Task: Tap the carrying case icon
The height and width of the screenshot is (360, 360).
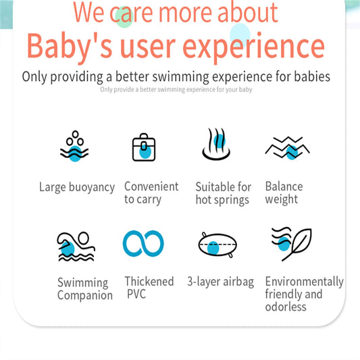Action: pyautogui.click(x=144, y=147)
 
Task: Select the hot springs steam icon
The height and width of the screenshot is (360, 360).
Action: pyautogui.click(x=216, y=144)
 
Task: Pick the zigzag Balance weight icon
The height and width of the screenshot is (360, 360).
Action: pyautogui.click(x=288, y=148)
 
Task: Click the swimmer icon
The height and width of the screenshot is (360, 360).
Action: pyautogui.click(x=76, y=247)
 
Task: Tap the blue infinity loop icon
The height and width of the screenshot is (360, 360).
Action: pyautogui.click(x=143, y=244)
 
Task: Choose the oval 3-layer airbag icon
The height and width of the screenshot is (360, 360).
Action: pyautogui.click(x=217, y=245)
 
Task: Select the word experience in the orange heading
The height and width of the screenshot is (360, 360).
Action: pyautogui.click(x=253, y=47)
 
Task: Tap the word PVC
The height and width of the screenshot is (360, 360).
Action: pyautogui.click(x=136, y=294)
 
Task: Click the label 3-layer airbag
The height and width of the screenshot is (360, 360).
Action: pyautogui.click(x=221, y=282)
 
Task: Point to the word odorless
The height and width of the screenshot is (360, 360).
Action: pyautogui.click(x=286, y=307)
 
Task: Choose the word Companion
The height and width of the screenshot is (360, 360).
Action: pyautogui.click(x=85, y=295)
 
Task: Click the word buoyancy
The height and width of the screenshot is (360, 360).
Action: pyautogui.click(x=92, y=188)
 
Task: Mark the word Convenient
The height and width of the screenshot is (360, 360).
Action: pyautogui.click(x=151, y=186)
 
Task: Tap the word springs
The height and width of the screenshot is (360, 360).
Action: pyautogui.click(x=232, y=201)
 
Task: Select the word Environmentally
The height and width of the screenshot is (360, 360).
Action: pyautogui.click(x=305, y=282)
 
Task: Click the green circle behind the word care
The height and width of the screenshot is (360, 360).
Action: pyautogui.click(x=124, y=17)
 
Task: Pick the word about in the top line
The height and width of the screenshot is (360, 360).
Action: pyautogui.click(x=248, y=12)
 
